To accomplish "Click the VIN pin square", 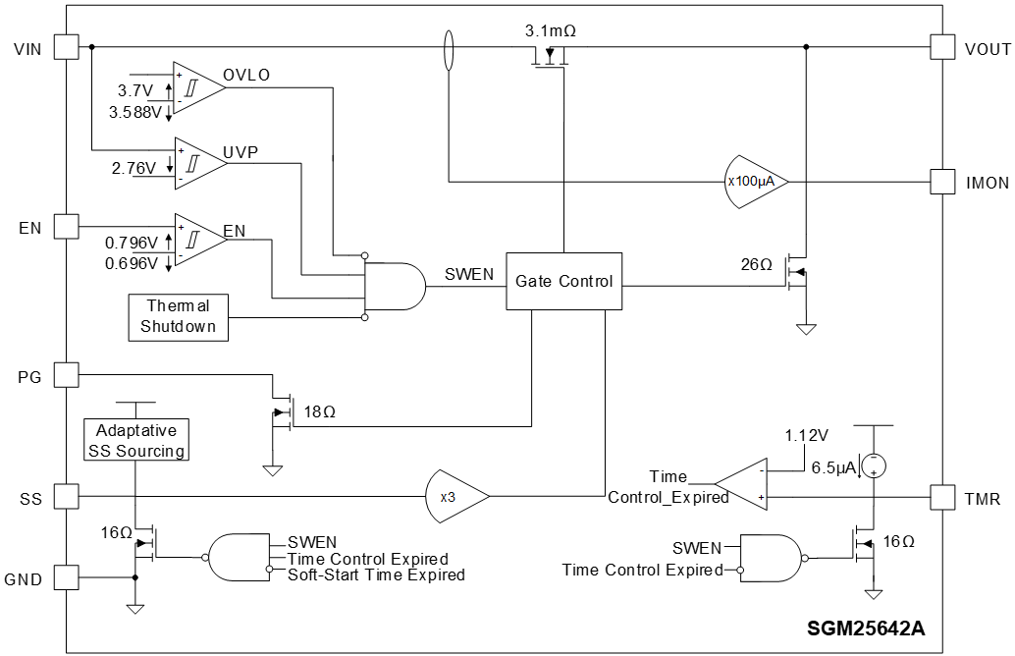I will tap(65, 47).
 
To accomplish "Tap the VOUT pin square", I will tap(942, 47).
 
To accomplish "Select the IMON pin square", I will tap(942, 182).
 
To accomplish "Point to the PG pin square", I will tap(65, 374).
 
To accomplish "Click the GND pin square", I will tap(65, 577).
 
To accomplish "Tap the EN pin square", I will tap(65, 227).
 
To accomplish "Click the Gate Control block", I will tap(564, 281).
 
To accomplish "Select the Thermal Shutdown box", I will tap(179, 317).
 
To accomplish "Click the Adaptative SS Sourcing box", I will tap(136, 440).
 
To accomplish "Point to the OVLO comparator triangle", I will tap(196, 87).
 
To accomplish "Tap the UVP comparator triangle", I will tap(196, 162).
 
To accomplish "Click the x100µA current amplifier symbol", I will tap(756, 182).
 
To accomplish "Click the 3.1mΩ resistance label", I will tap(551, 30).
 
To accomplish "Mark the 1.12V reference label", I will tap(807, 435).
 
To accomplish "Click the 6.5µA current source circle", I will tap(874, 465).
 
